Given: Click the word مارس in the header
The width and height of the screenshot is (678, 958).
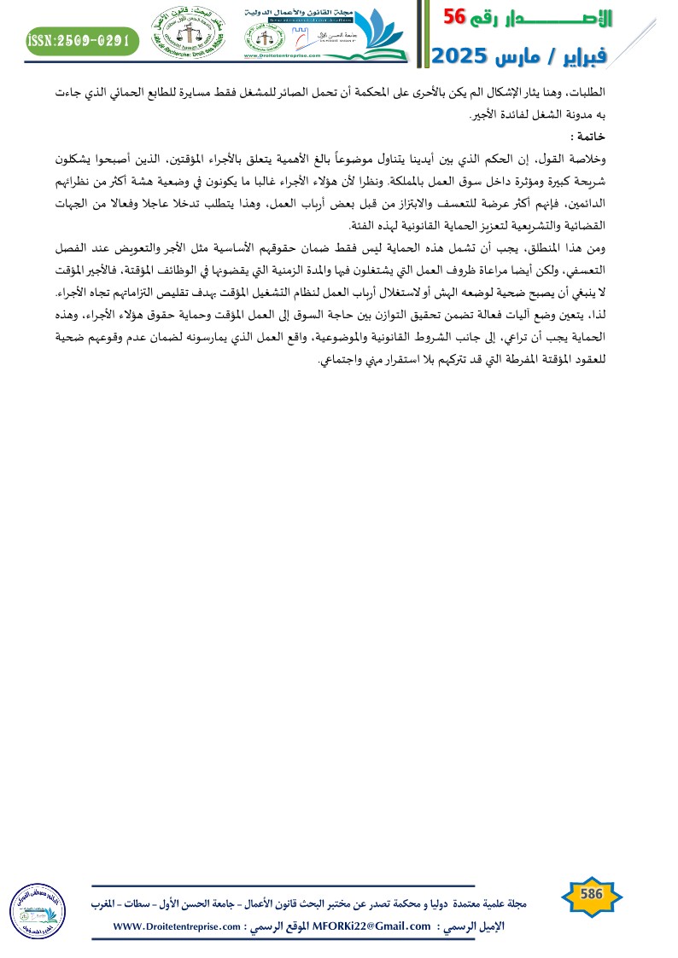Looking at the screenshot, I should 532,57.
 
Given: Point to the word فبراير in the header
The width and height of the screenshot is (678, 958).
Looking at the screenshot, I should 609,57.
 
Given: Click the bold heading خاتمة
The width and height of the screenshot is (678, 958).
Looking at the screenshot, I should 589,136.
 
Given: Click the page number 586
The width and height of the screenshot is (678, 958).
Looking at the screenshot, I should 592,894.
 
